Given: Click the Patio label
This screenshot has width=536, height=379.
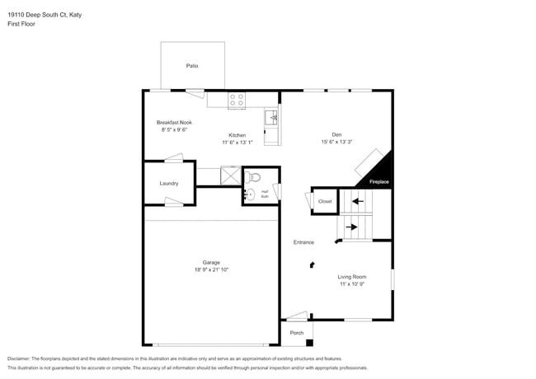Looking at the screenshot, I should [192, 65].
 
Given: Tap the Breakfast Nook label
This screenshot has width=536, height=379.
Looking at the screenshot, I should [173, 122].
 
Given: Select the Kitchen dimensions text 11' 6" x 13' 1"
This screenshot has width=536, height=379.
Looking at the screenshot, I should [237, 142].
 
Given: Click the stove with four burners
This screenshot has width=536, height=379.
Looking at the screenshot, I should [237, 100].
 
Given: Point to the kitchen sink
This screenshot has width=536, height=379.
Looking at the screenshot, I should [273, 118].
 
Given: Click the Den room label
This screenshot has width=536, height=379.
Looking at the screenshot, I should [336, 134].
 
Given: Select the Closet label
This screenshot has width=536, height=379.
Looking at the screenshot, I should [325, 201].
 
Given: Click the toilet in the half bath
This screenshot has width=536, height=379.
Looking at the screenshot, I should [255, 176].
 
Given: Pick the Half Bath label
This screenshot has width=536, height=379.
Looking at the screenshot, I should [265, 194].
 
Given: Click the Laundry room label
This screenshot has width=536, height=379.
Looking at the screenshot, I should [168, 183].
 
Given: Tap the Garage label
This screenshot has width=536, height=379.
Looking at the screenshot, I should [212, 262].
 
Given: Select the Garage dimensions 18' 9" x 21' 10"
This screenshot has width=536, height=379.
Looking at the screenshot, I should [212, 269].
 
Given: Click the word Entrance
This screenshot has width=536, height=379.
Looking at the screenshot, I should [303, 242].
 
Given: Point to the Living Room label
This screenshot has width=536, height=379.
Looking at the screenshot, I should [352, 277].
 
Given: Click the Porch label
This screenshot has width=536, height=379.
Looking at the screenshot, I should [296, 333].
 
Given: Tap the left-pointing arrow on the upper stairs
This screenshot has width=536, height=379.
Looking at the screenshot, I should [356, 200].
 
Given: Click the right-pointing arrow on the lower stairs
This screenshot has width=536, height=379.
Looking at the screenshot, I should [351, 227].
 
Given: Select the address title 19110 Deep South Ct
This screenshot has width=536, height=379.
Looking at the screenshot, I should [45, 14].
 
